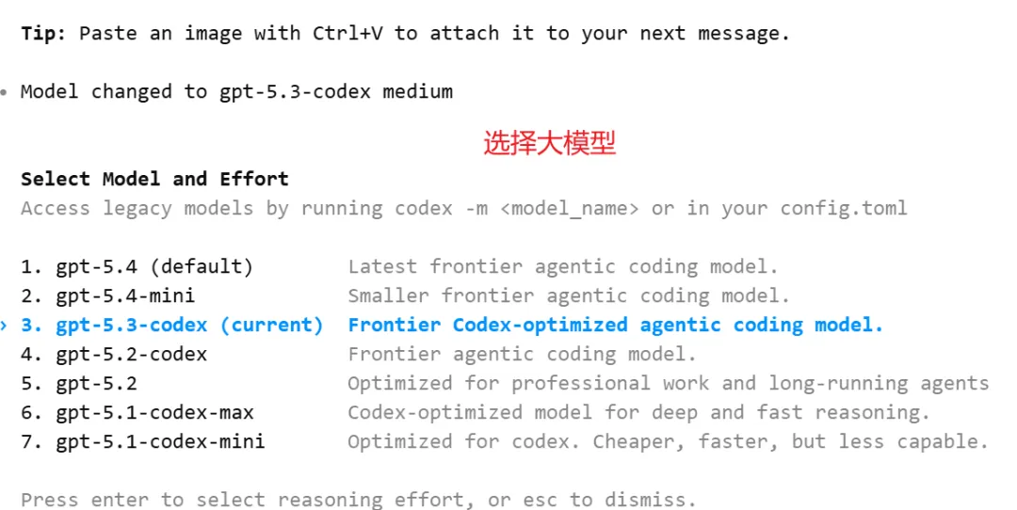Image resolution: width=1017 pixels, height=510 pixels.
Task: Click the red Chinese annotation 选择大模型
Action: pyautogui.click(x=549, y=143)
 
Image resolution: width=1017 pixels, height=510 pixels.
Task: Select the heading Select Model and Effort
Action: pyautogui.click(x=154, y=179)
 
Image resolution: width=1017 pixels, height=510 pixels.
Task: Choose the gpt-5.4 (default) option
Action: pyautogui.click(x=154, y=266)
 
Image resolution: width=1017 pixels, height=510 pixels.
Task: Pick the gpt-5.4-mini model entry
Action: pyautogui.click(x=125, y=295)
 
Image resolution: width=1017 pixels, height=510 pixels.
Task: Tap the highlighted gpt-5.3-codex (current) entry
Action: pyautogui.click(x=189, y=325)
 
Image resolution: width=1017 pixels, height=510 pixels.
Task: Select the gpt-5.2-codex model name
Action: pyautogui.click(x=131, y=354)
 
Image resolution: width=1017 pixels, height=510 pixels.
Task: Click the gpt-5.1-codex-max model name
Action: pyautogui.click(x=154, y=412)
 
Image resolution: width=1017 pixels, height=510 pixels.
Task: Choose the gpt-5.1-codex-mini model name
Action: pyautogui.click(x=160, y=441)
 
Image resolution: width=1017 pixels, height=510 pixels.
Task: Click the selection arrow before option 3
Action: pyautogui.click(x=5, y=325)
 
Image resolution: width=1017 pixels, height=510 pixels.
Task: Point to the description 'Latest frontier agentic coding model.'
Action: pyautogui.click(x=563, y=266)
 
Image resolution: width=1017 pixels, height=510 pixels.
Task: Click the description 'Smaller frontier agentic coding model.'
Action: pyautogui.click(x=569, y=295)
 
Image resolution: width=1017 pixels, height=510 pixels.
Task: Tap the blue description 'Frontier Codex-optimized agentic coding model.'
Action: pyautogui.click(x=616, y=325)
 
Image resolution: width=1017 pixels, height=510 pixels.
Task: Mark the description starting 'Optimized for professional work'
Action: pyautogui.click(x=668, y=383)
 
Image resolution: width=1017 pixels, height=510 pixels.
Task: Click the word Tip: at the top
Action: pyautogui.click(x=43, y=33)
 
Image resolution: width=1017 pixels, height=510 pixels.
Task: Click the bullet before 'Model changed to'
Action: pyautogui.click(x=5, y=92)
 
